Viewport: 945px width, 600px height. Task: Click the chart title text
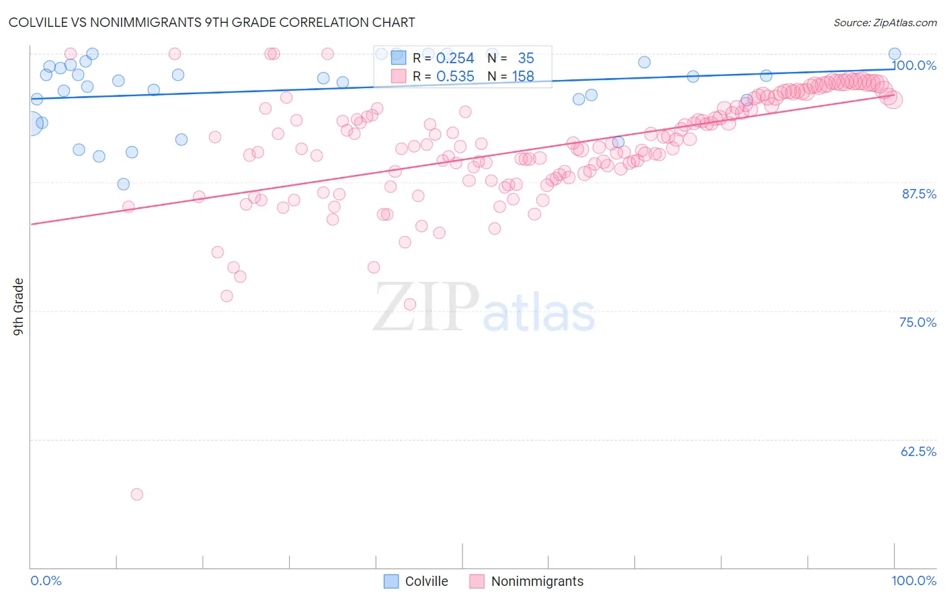[x=212, y=22]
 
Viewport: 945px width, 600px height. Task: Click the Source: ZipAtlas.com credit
[x=885, y=22]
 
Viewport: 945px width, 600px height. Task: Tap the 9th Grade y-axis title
[x=19, y=307]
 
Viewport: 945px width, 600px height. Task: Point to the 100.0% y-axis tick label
[x=914, y=65]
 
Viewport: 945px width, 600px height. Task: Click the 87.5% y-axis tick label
[x=919, y=194]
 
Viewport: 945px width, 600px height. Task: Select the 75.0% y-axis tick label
[x=917, y=322]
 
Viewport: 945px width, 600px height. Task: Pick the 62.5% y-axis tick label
[x=918, y=451]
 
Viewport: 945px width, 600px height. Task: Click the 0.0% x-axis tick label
[x=46, y=580]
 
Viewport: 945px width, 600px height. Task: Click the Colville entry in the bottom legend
[x=426, y=581]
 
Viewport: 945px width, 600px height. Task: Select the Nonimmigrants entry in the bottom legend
[x=537, y=581]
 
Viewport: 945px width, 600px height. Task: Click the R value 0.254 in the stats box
[x=455, y=59]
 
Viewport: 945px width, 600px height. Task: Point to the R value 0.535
[x=455, y=77]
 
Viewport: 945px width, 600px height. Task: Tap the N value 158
[x=523, y=77]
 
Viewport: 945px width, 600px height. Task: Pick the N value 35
[x=526, y=59]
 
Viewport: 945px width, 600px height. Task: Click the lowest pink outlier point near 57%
[x=137, y=494]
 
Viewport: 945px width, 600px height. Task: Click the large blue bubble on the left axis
[x=30, y=124]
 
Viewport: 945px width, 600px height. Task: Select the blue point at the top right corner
[x=895, y=54]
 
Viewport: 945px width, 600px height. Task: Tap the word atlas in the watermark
[x=539, y=313]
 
